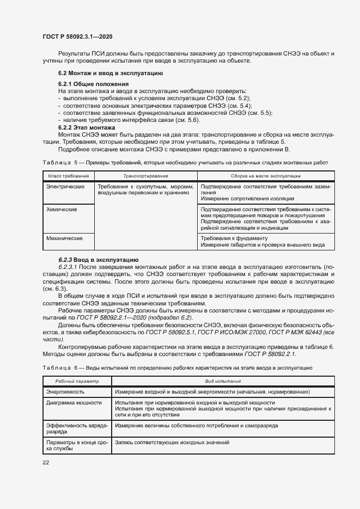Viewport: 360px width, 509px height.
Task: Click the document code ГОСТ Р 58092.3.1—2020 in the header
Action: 77,38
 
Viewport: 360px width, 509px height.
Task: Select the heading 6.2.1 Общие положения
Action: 93,84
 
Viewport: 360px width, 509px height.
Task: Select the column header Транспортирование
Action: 145,176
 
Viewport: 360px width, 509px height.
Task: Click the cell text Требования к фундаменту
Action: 234,238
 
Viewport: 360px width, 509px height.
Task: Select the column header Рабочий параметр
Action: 76,382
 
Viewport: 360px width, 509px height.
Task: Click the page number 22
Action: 46,462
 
